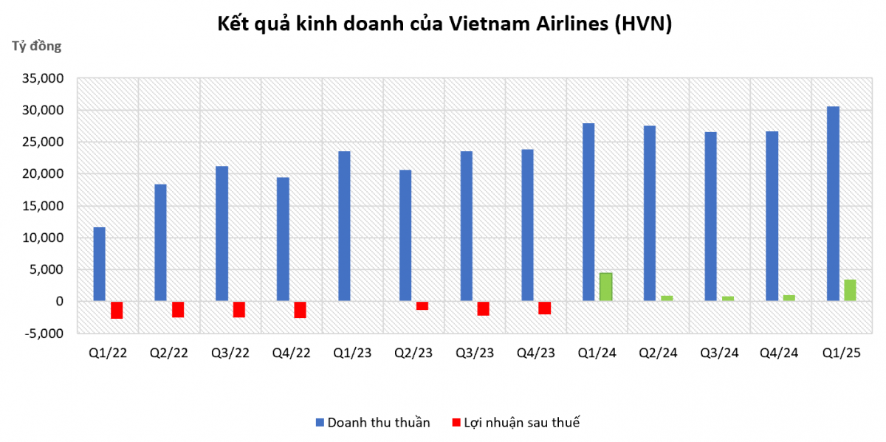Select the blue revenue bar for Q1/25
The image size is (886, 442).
(833, 204)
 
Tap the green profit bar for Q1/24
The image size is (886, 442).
(605, 287)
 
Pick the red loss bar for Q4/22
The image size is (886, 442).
(300, 309)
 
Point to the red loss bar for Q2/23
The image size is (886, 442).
(422, 305)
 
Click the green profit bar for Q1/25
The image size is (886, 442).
(850, 290)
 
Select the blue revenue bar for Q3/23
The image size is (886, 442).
(466, 226)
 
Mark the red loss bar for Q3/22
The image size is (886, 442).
(238, 309)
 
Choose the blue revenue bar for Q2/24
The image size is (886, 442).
(650, 213)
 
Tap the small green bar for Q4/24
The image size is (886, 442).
(789, 298)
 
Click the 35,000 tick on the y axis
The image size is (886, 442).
(46, 78)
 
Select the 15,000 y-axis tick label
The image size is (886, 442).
(46, 206)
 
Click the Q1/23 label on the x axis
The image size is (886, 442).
(352, 353)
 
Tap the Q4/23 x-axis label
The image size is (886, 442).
(536, 353)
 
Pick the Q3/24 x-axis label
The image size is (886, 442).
(719, 353)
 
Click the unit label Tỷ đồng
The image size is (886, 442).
(36, 46)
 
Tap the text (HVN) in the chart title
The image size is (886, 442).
(642, 24)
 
